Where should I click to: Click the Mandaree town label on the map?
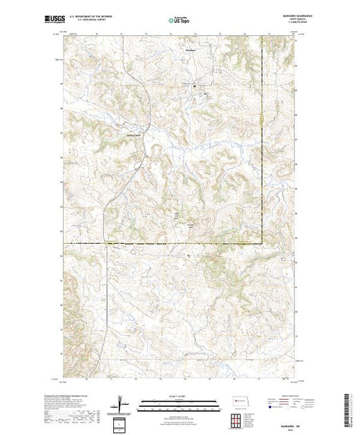click(191, 50)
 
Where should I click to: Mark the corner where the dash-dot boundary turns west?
click(263, 243)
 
